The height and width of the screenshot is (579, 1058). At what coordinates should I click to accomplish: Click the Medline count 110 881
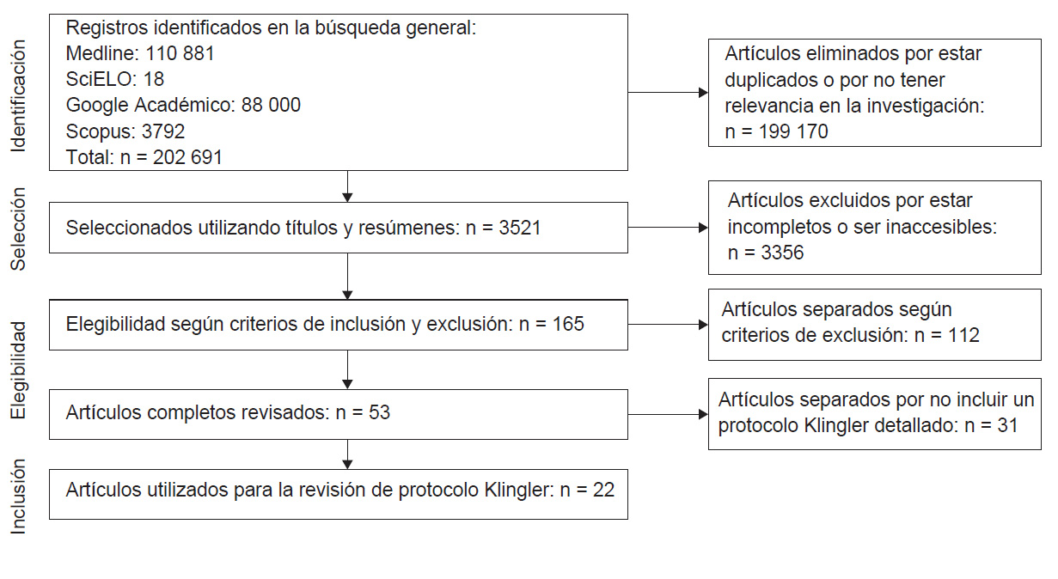coord(180,53)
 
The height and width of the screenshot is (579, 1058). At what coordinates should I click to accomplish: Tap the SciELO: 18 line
coord(115,79)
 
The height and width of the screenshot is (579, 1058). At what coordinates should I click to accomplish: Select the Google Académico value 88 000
coord(271,105)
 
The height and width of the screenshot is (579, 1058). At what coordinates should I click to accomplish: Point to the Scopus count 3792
coord(163,131)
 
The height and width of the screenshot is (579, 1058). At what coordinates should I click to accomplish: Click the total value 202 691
coord(187,157)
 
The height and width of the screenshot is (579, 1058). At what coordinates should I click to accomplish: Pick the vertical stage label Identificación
coord(18,96)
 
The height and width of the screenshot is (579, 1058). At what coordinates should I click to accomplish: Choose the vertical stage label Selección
coord(18,229)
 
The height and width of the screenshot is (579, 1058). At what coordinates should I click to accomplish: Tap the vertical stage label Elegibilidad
coord(18,370)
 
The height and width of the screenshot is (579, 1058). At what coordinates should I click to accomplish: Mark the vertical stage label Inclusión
coord(18,497)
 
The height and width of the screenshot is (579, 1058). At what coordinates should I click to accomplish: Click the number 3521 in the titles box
coord(520,229)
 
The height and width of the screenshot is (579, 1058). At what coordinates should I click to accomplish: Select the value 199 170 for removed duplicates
coord(793,131)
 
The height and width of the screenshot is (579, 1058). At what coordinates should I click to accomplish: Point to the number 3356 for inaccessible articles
coord(782,253)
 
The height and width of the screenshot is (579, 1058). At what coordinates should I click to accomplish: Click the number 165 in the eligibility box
coord(568,325)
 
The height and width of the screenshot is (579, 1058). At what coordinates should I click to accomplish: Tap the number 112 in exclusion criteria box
coord(963,336)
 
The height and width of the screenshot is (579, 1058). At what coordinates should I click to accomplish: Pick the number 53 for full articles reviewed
coord(379,412)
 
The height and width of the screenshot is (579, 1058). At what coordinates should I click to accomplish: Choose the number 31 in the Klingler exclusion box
coord(1007,425)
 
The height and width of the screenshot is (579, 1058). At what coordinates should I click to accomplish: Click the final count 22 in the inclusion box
coord(603,491)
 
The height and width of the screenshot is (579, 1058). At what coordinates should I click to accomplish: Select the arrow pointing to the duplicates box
coord(668,93)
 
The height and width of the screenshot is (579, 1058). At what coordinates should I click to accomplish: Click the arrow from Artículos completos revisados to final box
coord(347,454)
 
